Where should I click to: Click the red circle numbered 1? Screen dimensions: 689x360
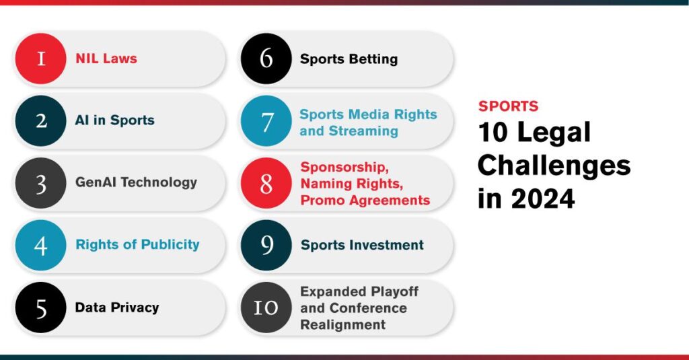click(41, 59)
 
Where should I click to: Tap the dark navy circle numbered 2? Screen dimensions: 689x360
click(41, 121)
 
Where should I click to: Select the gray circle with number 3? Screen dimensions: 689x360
click(41, 183)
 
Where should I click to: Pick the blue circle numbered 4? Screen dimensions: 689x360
click(41, 246)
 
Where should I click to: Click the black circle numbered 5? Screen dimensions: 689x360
click(41, 308)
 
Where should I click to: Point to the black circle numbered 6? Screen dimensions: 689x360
click(266, 59)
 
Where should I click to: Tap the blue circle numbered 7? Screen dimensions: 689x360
click(266, 121)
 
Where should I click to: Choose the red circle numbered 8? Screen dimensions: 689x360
click(266, 183)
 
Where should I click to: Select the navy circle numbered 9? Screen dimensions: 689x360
click(266, 246)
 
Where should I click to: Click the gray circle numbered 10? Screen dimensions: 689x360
click(266, 308)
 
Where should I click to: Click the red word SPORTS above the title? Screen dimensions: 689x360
click(509, 106)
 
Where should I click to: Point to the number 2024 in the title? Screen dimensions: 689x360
click(543, 199)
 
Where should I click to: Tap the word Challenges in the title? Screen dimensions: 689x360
click(554, 166)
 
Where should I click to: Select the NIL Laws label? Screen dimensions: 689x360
click(106, 59)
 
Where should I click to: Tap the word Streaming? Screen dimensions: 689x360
click(363, 131)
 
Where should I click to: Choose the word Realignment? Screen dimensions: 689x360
click(342, 325)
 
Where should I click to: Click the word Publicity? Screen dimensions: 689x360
click(170, 245)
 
